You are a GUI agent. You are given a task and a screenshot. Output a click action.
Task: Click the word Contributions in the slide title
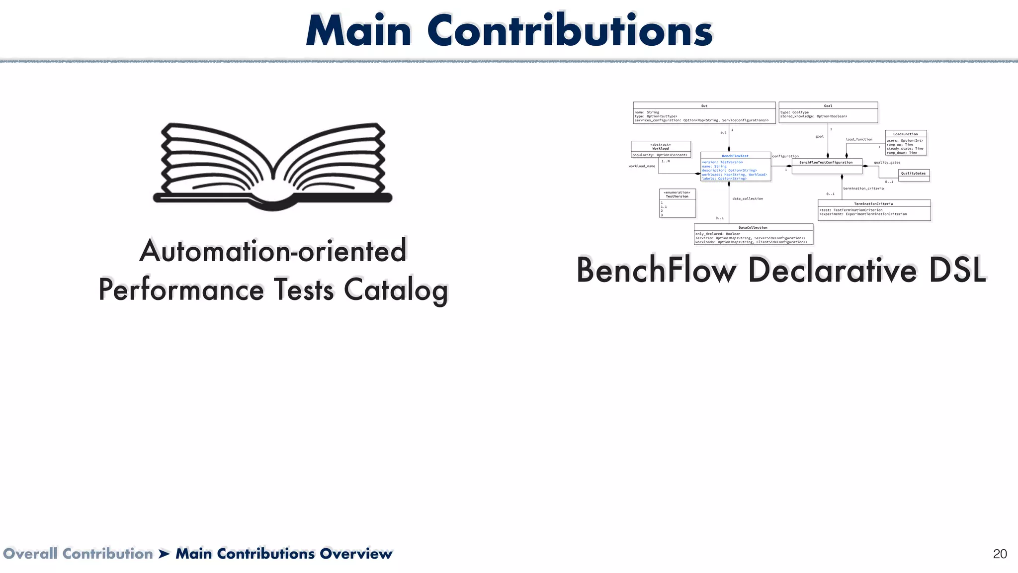pos(570,31)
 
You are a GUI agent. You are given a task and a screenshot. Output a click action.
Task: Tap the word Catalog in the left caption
pos(396,289)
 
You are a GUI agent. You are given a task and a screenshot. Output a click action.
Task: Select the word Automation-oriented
pos(273,251)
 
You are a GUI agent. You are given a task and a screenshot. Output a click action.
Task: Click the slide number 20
pos(1000,554)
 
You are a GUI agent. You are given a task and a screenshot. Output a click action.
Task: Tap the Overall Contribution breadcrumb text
pos(78,554)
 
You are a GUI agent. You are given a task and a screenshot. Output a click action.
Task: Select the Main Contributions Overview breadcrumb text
pos(284,554)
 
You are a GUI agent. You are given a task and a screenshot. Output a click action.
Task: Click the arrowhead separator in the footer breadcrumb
pos(165,554)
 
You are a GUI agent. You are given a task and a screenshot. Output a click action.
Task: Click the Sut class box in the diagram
pos(704,113)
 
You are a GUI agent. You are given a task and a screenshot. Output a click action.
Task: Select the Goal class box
pos(828,112)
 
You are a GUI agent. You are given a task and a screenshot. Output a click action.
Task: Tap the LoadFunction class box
pos(906,143)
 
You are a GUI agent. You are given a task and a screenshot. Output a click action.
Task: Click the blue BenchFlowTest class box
pos(735,167)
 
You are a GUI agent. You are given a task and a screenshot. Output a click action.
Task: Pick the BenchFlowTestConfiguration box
pos(827,166)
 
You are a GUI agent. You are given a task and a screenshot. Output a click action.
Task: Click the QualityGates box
pos(914,175)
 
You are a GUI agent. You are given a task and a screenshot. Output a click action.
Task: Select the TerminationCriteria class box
pos(874,210)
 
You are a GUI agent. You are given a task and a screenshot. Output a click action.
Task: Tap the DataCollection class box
pos(753,234)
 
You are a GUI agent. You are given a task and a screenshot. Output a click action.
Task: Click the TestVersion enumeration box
pos(677,203)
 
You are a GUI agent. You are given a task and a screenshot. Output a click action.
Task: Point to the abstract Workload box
pos(661,149)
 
